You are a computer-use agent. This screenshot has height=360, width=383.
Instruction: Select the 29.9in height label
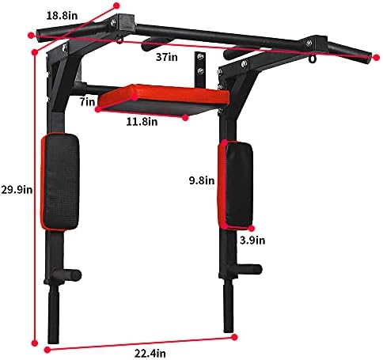click(x=16, y=189)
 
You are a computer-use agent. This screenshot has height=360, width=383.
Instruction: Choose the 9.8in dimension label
click(x=200, y=180)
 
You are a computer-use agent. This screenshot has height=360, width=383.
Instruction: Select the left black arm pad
click(x=61, y=181)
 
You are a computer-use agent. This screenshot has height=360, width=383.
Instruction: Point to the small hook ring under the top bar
click(x=311, y=60)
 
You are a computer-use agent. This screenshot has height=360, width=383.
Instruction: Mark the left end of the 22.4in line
click(x=47, y=349)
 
